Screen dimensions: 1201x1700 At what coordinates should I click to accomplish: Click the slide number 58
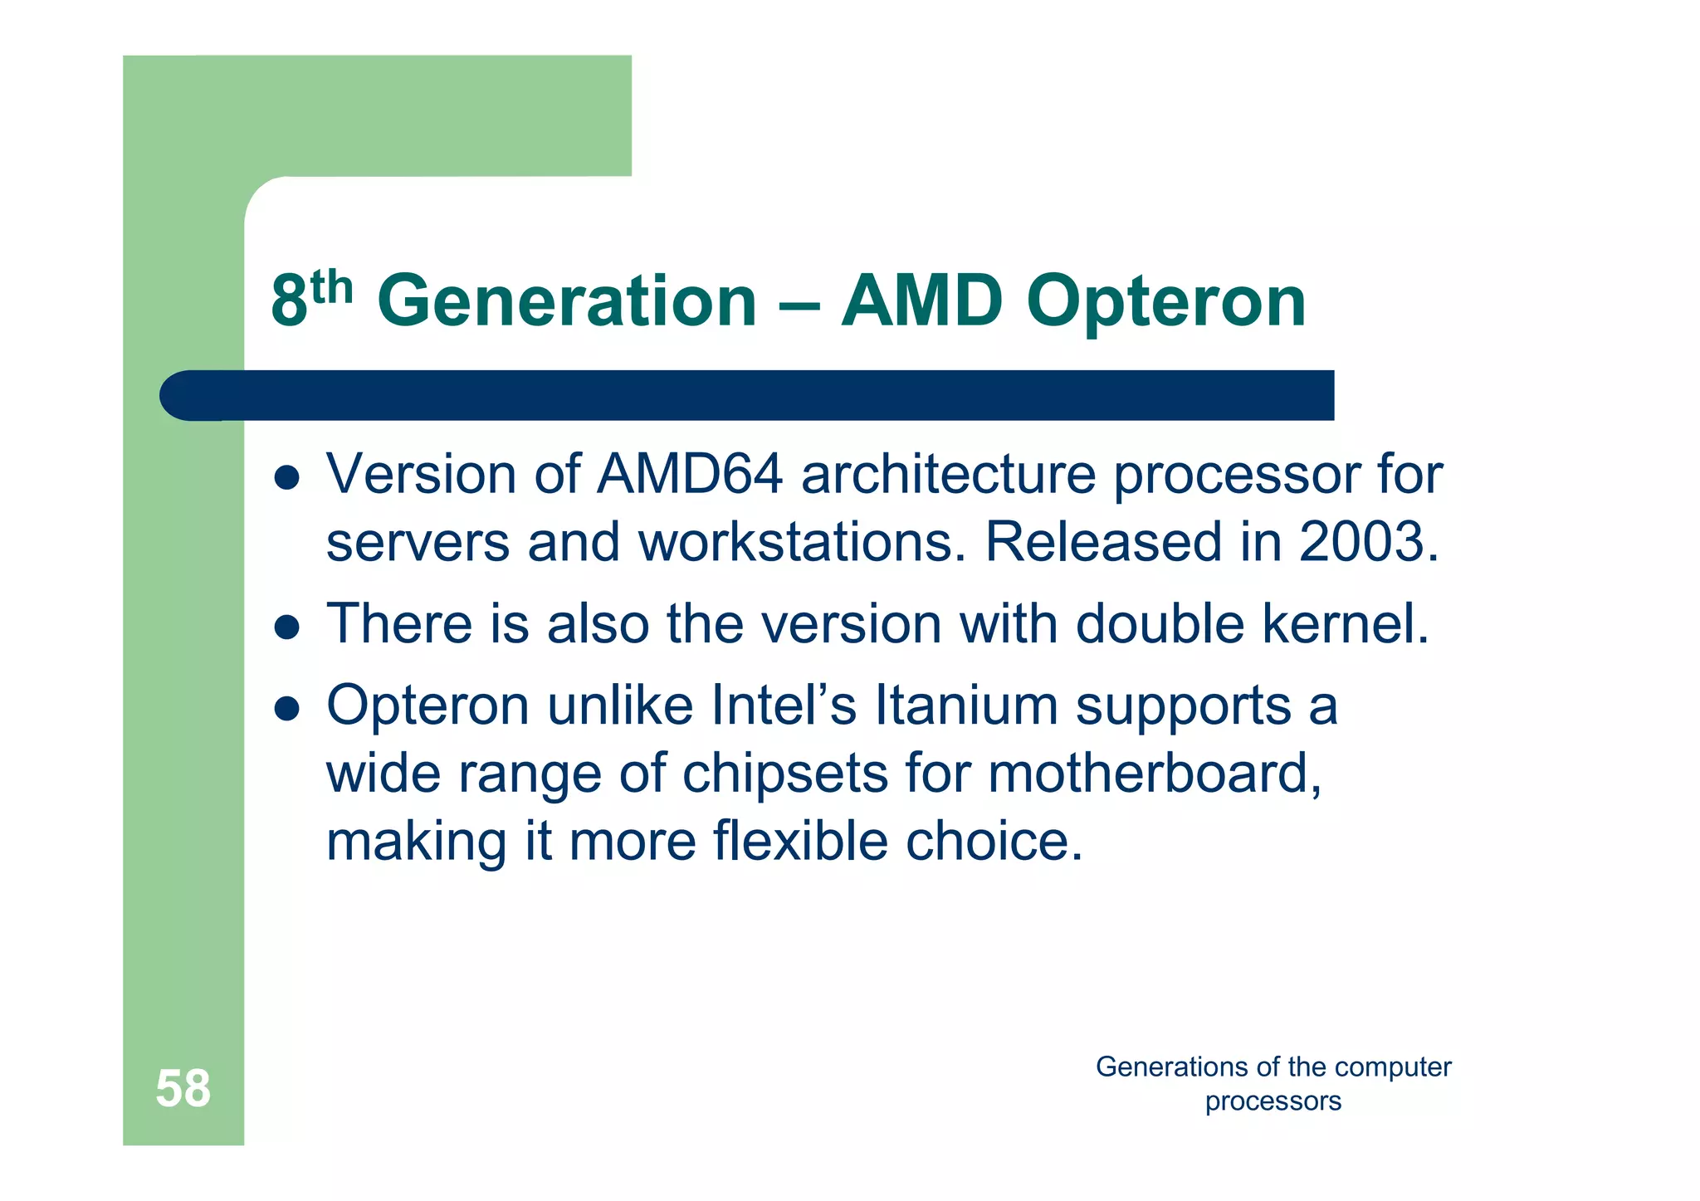[x=183, y=1088]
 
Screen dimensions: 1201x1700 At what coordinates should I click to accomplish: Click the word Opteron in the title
[x=1165, y=303]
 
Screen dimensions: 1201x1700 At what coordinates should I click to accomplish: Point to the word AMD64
[x=690, y=474]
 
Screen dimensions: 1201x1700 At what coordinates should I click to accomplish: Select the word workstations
[x=802, y=541]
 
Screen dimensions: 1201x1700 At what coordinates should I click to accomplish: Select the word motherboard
[x=1155, y=774]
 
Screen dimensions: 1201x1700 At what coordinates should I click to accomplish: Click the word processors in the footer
[x=1273, y=1101]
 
